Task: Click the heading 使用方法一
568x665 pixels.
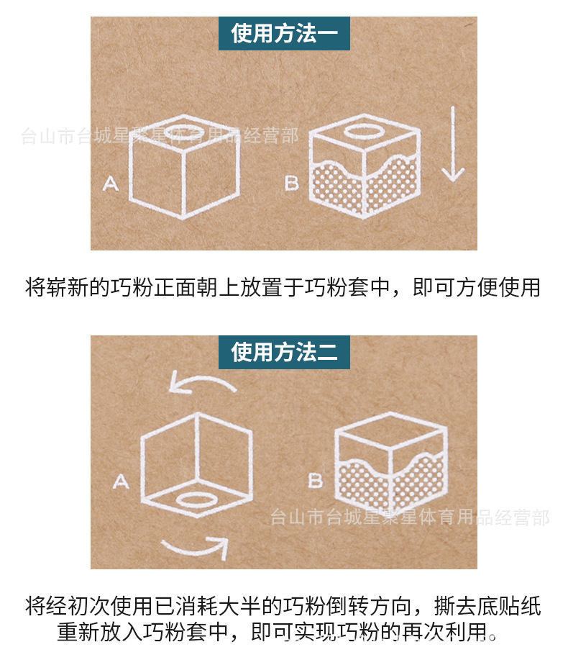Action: tap(283, 33)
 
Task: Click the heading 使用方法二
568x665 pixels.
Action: tap(283, 352)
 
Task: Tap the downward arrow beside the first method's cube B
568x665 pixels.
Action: tap(453, 144)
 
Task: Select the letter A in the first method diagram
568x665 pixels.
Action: tap(110, 184)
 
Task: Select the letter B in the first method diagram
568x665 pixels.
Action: tap(291, 184)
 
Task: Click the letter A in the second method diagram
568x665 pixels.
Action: tap(121, 481)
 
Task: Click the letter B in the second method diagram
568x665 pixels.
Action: tap(315, 480)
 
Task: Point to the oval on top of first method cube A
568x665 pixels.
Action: tap(185, 132)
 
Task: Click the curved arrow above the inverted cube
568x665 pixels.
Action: tap(202, 381)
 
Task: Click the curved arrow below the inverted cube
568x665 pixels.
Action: tap(194, 548)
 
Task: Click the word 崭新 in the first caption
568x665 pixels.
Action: tap(68, 288)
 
